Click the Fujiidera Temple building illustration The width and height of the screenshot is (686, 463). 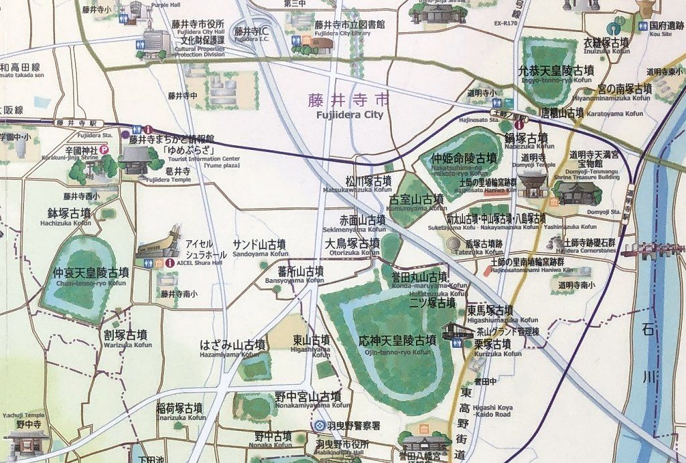(136, 161)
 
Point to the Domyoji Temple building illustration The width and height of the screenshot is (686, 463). (533, 182)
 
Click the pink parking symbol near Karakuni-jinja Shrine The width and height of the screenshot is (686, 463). (105, 151)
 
